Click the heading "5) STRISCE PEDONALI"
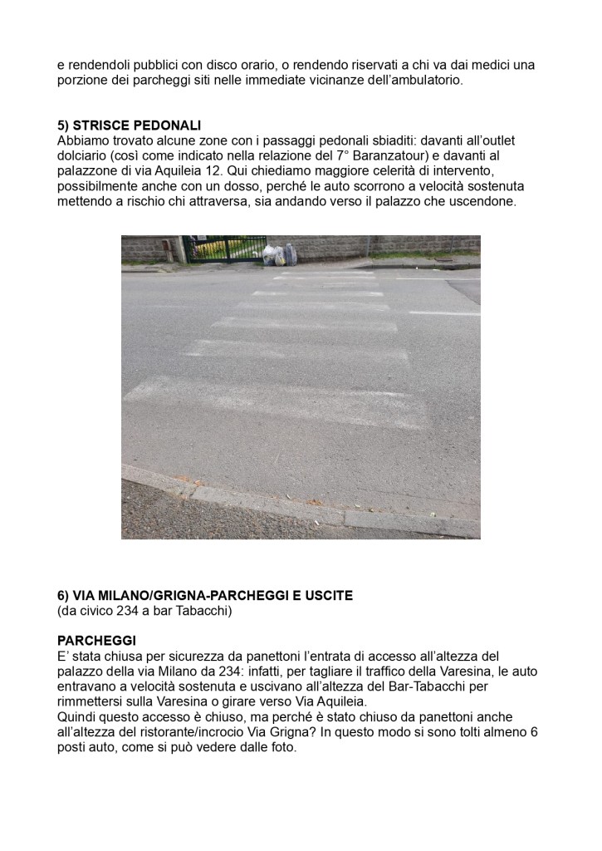[129, 125]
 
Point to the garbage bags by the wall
[280, 254]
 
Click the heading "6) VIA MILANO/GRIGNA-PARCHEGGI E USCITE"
[205, 596]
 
